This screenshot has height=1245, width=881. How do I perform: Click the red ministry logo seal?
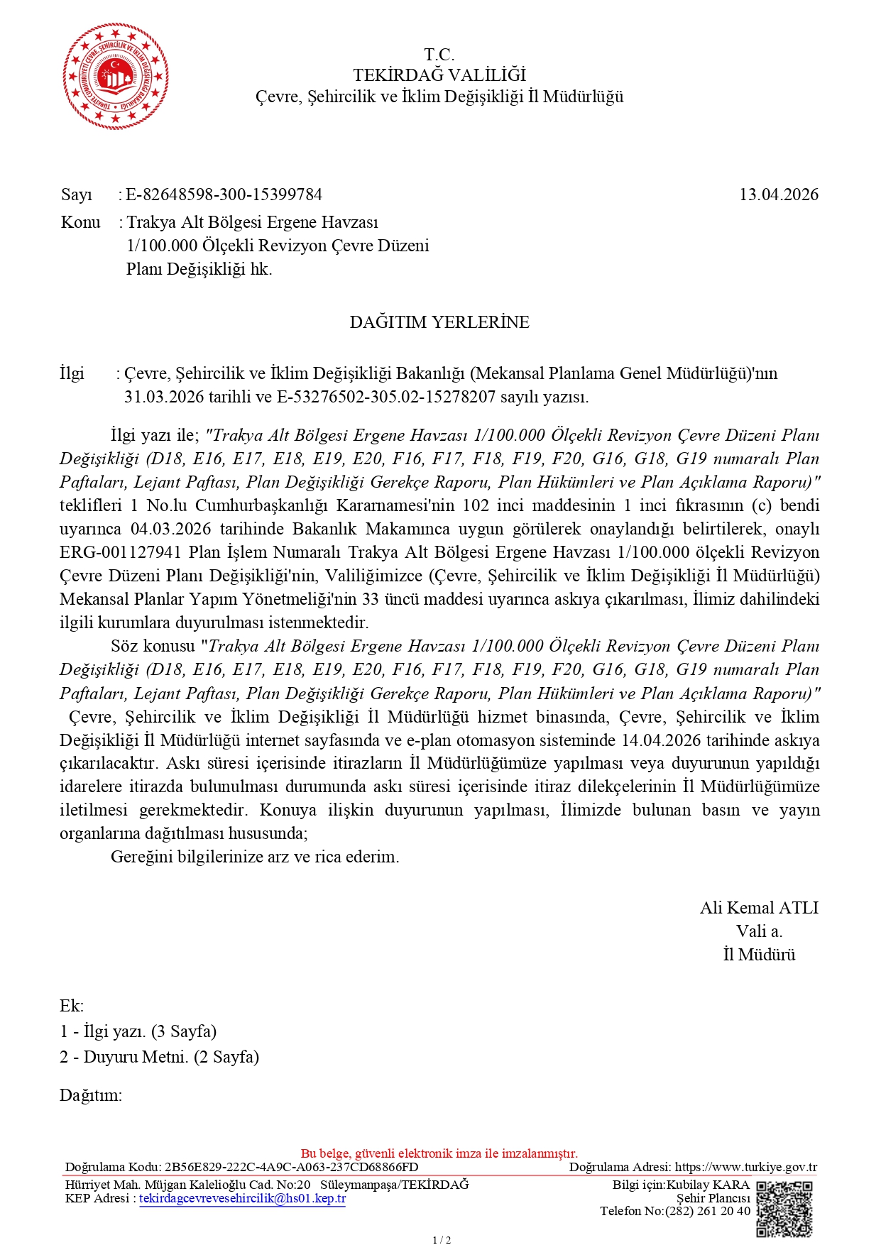(x=116, y=76)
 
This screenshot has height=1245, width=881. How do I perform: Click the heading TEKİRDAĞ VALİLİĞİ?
(x=439, y=75)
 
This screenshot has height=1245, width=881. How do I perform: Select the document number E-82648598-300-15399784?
(x=224, y=194)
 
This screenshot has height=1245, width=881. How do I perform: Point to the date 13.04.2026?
(x=778, y=194)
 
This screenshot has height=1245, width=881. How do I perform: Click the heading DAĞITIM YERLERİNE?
(x=439, y=322)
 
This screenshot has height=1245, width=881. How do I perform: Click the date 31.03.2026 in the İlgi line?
(x=164, y=397)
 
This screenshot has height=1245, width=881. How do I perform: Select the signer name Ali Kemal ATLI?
(x=759, y=908)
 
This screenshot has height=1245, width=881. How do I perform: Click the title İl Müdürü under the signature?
(x=759, y=955)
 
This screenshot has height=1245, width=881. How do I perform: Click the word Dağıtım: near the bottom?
(x=91, y=1095)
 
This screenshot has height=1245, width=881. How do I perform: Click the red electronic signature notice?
(x=439, y=1153)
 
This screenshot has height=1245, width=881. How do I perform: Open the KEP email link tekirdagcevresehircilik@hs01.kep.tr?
(x=242, y=1199)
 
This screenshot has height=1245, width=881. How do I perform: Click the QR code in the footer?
(x=784, y=1208)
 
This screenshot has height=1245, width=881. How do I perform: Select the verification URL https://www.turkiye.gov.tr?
(x=745, y=1167)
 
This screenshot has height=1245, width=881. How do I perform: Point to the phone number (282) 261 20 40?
(x=706, y=1211)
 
